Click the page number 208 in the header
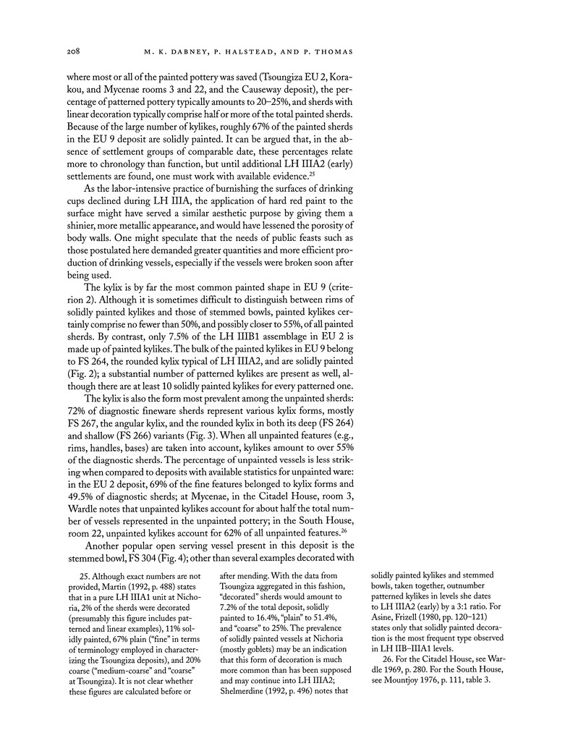(x=72, y=52)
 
